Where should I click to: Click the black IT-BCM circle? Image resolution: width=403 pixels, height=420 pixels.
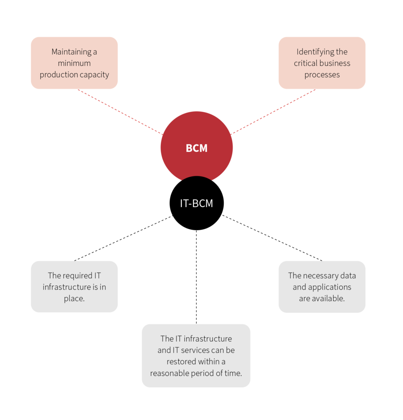[x=197, y=203]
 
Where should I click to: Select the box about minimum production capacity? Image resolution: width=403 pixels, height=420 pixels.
[x=74, y=63]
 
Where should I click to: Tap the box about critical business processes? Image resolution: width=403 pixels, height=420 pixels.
[x=322, y=63]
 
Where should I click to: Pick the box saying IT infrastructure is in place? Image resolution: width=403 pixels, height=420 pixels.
[x=74, y=287]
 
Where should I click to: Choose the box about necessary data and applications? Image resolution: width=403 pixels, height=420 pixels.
[x=322, y=287]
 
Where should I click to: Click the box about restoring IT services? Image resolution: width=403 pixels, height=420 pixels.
[x=196, y=356]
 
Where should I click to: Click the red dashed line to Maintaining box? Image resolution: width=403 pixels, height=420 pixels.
[x=120, y=112]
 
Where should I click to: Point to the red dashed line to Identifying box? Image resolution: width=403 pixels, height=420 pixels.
[x=273, y=112]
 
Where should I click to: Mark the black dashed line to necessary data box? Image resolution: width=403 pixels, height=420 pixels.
[x=272, y=238]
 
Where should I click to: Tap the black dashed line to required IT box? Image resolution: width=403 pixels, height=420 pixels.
[x=123, y=238]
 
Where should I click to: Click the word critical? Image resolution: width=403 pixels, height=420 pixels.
[x=306, y=64]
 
